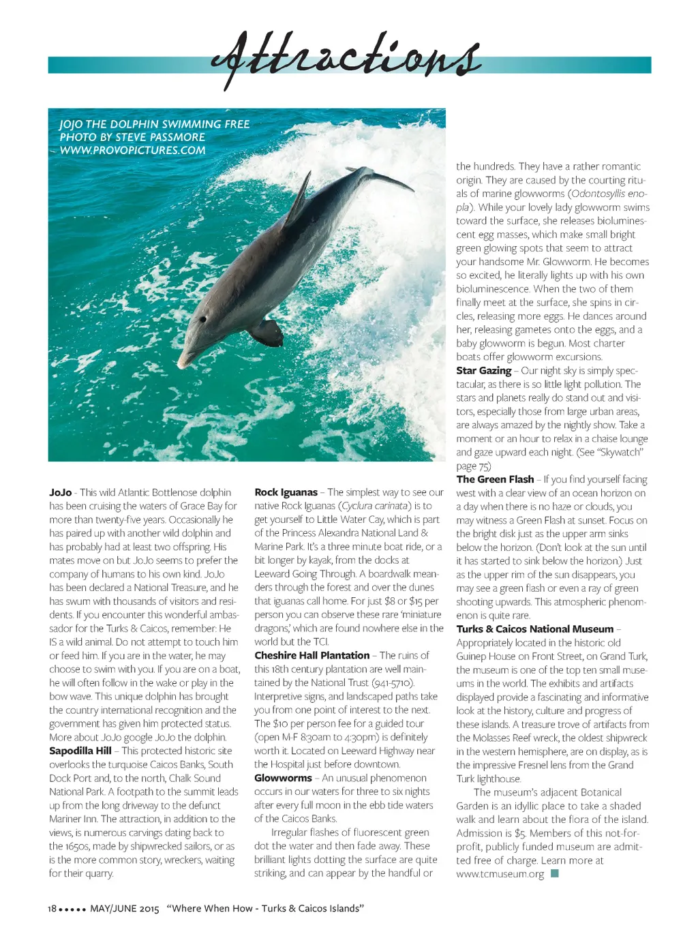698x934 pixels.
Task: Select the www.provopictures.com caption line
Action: pyautogui.click(x=132, y=150)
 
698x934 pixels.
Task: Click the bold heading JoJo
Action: pyautogui.click(x=60, y=492)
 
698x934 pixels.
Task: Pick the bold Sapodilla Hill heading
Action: pyautogui.click(x=80, y=751)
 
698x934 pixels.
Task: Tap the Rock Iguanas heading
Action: pyautogui.click(x=286, y=492)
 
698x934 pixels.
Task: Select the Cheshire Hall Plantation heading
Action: pyautogui.click(x=312, y=655)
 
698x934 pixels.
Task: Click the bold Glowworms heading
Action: pyautogui.click(x=283, y=778)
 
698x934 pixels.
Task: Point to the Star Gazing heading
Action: pyautogui.click(x=483, y=370)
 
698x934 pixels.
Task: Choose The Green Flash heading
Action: pyautogui.click(x=495, y=479)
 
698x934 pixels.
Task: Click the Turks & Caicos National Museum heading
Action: pyautogui.click(x=534, y=629)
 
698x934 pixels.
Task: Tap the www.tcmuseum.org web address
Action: pyautogui.click(x=500, y=874)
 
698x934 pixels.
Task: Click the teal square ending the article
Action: pyautogui.click(x=555, y=873)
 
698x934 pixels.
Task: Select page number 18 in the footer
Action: pyautogui.click(x=52, y=909)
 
